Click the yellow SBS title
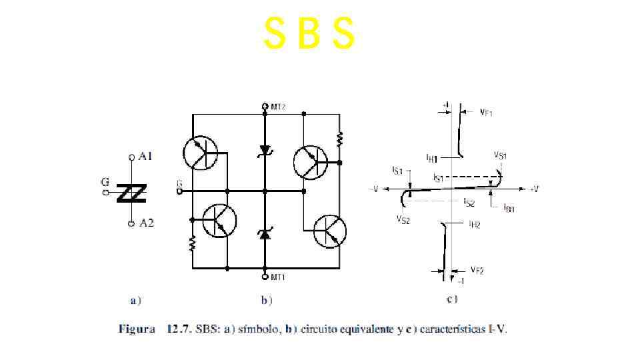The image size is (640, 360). [x=309, y=34]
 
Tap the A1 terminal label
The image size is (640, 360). [x=145, y=157]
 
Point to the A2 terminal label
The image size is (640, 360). [x=146, y=223]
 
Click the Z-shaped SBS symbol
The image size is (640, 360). [x=132, y=193]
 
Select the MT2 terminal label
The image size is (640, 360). [x=278, y=107]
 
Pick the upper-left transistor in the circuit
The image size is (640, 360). [x=200, y=153]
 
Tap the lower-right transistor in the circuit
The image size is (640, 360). [x=330, y=231]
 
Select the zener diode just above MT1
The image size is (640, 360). [x=265, y=233]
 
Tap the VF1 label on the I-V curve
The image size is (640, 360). [x=486, y=113]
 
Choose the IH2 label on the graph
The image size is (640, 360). [x=474, y=225]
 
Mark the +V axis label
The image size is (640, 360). [x=533, y=189]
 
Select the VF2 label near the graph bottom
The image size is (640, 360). [x=476, y=270]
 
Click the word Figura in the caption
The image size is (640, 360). [x=137, y=329]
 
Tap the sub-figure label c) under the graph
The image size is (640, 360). [x=451, y=299]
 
